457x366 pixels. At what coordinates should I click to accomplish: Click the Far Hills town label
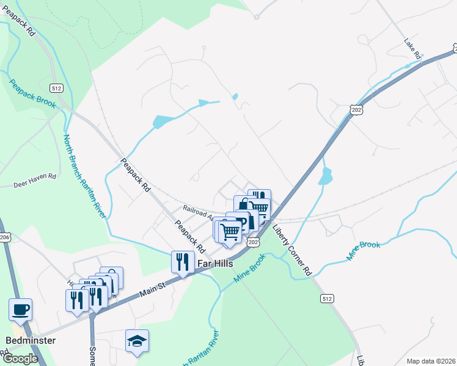(217, 264)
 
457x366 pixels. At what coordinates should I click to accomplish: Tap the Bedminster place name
(31, 340)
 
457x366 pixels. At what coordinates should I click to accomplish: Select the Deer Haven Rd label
(35, 176)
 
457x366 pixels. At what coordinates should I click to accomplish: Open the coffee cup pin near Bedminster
(20, 309)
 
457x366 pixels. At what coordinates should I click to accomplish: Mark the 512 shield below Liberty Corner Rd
(326, 298)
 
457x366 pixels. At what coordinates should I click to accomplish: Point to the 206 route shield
(4, 237)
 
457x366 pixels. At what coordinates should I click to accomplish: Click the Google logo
(20, 359)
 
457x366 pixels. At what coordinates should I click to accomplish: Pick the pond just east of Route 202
(325, 177)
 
